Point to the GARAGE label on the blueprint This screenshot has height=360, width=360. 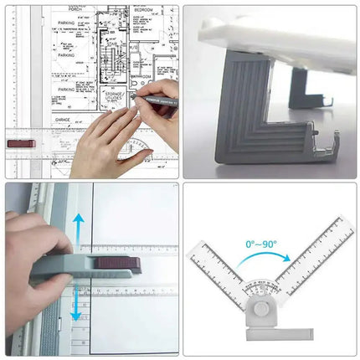pos(62,121)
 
